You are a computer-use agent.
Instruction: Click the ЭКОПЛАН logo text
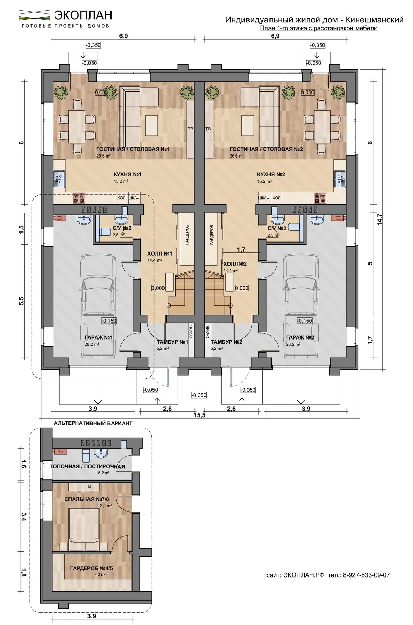pyautogui.click(x=83, y=15)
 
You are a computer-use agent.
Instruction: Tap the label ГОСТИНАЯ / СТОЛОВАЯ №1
pyautogui.click(x=133, y=149)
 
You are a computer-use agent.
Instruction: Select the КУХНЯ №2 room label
pyautogui.click(x=271, y=174)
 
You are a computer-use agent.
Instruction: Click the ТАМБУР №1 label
pyautogui.click(x=172, y=342)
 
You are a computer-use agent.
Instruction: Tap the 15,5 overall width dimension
pyautogui.click(x=199, y=415)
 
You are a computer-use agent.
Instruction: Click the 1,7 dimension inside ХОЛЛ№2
pyautogui.click(x=241, y=249)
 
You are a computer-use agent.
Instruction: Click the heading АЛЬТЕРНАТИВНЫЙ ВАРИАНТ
pyautogui.click(x=93, y=423)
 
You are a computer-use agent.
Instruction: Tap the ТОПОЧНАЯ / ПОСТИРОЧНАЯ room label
pyautogui.click(x=87, y=467)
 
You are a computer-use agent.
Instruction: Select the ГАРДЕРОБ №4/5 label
pyautogui.click(x=91, y=568)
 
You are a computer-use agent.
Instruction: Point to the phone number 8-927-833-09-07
pyautogui.click(x=366, y=575)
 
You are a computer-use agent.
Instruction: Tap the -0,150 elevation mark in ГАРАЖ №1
pyautogui.click(x=109, y=321)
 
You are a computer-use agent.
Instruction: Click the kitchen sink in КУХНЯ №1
pyautogui.click(x=59, y=179)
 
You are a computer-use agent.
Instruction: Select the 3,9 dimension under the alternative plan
pyautogui.click(x=92, y=616)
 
